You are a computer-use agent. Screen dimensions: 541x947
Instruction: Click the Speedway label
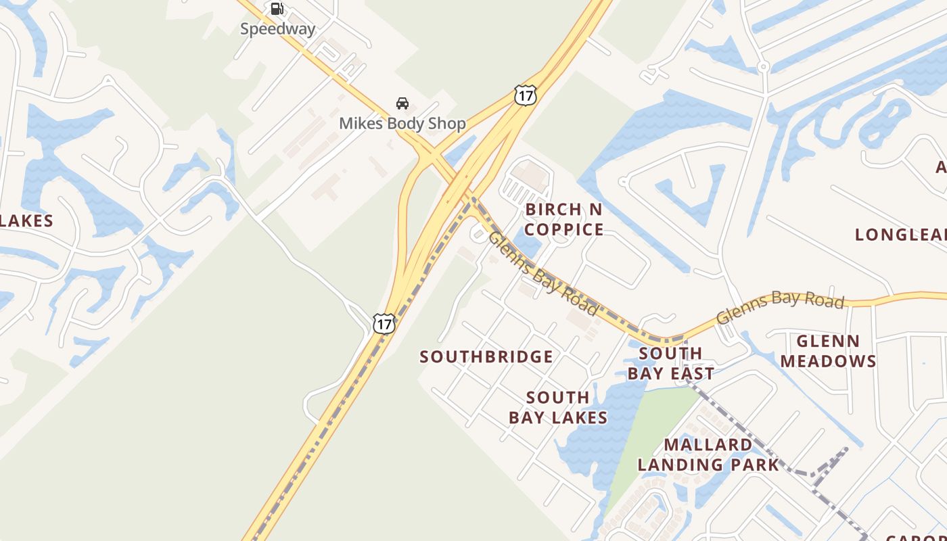click(277, 29)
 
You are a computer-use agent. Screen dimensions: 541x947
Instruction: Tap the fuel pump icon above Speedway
click(277, 9)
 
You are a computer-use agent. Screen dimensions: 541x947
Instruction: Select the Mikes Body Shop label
click(402, 124)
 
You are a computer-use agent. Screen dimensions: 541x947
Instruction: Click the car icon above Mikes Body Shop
click(402, 103)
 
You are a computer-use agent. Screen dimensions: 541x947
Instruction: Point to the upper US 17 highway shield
click(525, 95)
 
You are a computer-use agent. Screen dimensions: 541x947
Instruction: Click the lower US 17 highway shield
click(384, 324)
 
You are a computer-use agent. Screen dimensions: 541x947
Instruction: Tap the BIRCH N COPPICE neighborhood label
click(563, 219)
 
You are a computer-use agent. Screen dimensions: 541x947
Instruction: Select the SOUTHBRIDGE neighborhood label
click(486, 357)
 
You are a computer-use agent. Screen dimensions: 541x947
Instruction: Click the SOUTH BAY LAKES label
click(558, 408)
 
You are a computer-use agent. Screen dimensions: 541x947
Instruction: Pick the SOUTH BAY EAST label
click(670, 364)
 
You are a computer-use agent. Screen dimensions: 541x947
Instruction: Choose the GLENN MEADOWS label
click(828, 351)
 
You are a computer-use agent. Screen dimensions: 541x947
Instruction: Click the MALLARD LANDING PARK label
click(708, 454)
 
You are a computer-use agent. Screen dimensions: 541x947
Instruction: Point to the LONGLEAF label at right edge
click(900, 235)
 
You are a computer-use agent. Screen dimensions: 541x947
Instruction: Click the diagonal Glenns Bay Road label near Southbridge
click(542, 273)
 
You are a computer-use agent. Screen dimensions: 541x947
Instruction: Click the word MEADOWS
click(828, 361)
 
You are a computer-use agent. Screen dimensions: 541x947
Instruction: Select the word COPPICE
click(563, 230)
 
